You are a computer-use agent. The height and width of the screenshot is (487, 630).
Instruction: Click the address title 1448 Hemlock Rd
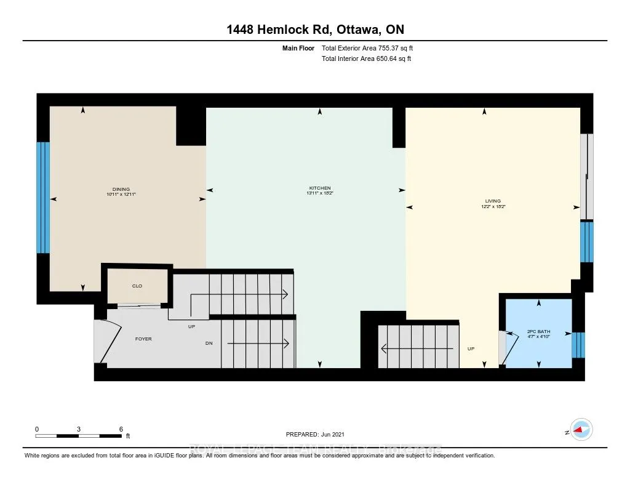pos(314,30)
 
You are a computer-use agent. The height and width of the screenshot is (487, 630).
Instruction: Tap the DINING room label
pos(121,190)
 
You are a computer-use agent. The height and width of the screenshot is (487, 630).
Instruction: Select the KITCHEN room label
pos(320,188)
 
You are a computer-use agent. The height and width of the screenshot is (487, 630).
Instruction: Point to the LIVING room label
pos(492,201)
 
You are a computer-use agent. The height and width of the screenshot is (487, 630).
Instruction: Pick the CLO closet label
pos(137,286)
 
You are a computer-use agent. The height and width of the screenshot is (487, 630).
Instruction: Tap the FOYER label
pos(143,339)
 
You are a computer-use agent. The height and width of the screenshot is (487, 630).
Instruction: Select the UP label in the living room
pos(471,348)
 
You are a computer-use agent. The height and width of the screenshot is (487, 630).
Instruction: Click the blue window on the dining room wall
pos(42,198)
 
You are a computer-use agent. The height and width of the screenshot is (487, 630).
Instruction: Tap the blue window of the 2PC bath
pos(578,345)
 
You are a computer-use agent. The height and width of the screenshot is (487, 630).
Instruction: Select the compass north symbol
pos(580,430)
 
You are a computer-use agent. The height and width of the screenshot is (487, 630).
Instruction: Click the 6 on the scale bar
pos(121,429)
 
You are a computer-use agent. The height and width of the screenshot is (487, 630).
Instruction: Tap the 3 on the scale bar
pos(79,429)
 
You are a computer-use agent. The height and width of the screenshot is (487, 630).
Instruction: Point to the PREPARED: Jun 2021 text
pos(319,434)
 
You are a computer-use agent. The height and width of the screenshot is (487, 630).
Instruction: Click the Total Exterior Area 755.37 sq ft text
pos(371,48)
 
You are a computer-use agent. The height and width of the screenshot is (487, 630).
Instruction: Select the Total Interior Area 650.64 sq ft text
pos(366,58)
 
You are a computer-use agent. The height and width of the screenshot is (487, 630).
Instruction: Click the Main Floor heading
pos(299,48)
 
